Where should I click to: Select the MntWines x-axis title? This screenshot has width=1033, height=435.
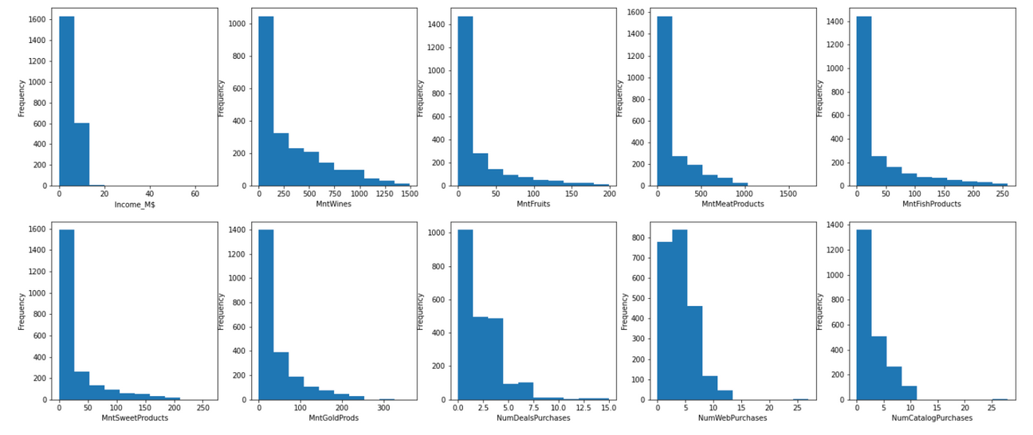coord(333,204)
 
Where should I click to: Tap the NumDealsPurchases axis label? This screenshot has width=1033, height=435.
coord(533,417)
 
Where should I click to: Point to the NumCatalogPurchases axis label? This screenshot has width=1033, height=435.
coord(932,417)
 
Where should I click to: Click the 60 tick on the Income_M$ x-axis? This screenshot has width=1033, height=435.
coord(194,194)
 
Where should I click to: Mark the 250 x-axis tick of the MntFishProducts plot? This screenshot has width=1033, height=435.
coord(1000,194)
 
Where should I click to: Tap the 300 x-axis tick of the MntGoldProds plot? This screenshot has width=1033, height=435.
coord(384,407)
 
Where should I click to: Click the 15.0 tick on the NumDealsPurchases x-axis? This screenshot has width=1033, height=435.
coord(608,407)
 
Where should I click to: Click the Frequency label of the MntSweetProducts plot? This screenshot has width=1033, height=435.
coord(22,311)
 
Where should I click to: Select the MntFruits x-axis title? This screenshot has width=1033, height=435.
coord(533,204)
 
